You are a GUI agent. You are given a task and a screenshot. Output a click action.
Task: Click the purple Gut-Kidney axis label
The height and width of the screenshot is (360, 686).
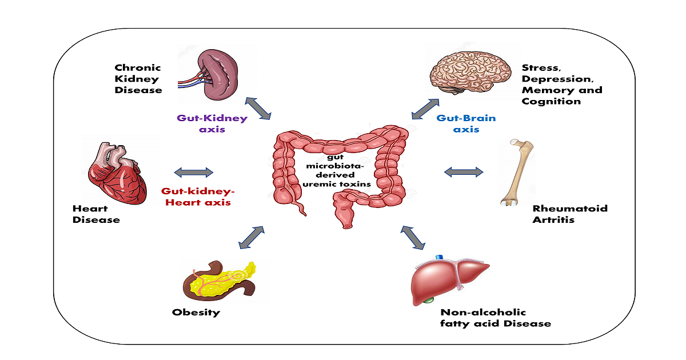point(212,124)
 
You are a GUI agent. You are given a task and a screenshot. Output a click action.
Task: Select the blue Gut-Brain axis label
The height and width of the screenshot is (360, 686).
point(466,124)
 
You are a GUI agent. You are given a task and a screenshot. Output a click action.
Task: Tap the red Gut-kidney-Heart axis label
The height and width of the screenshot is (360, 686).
point(198,197)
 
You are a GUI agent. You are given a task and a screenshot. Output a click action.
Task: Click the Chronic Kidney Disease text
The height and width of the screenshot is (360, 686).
point(138,79)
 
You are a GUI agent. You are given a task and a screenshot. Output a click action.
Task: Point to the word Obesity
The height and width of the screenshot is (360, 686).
point(196,313)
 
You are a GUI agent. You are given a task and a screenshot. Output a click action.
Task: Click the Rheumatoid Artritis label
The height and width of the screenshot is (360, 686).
point(569,214)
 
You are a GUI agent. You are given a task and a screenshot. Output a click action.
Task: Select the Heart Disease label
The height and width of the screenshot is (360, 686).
point(96,214)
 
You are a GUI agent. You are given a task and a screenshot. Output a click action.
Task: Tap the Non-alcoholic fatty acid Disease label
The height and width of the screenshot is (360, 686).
point(495,318)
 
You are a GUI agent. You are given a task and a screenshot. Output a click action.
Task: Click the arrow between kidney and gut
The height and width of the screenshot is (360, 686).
point(258,109)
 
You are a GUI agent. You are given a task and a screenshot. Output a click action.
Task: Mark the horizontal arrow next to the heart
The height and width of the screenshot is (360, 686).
point(193,172)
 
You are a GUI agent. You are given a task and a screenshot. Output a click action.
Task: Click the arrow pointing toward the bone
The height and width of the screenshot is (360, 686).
point(463,171)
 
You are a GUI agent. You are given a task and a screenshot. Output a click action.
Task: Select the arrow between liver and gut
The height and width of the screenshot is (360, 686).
point(413,238)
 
